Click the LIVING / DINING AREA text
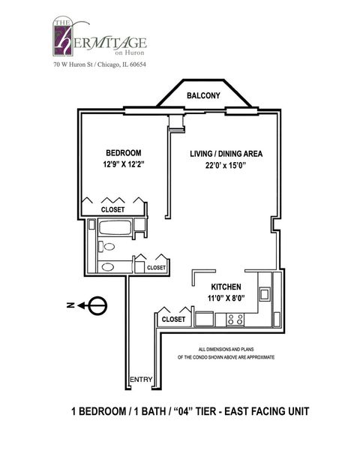tap(225, 155)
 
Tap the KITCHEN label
tap(225, 287)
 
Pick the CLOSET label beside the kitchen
tap(174, 319)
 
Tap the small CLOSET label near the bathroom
tap(156, 267)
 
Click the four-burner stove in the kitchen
tap(234, 318)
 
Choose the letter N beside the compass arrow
tap(69, 305)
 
